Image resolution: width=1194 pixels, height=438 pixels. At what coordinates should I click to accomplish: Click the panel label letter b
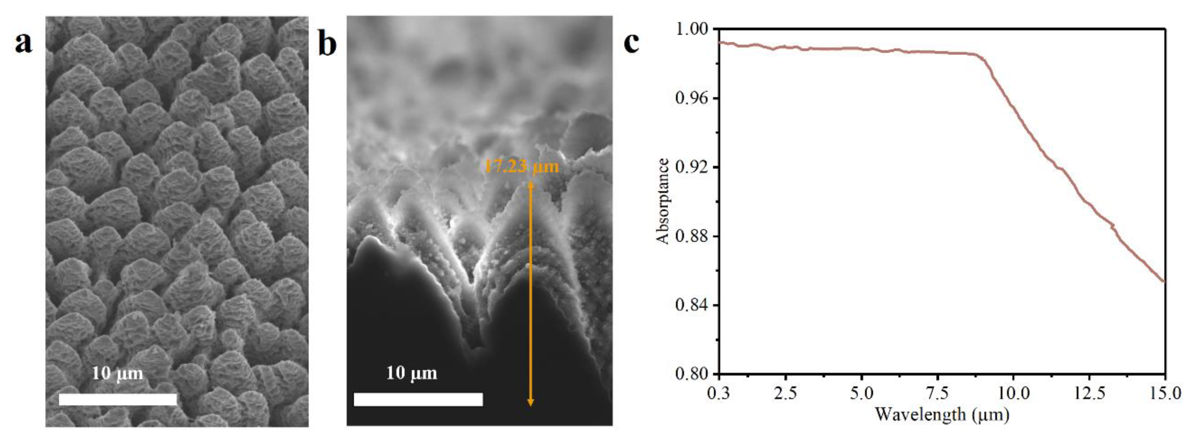coord(327,45)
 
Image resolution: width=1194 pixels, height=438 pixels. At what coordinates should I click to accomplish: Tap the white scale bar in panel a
coord(118,400)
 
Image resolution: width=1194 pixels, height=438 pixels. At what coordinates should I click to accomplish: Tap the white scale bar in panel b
coord(418,400)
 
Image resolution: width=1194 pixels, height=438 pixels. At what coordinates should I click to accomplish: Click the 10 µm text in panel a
coord(117,373)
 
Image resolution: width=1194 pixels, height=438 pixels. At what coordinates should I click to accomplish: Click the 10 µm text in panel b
coord(411,373)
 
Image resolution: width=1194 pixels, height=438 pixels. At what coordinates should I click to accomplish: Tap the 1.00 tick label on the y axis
coord(692,29)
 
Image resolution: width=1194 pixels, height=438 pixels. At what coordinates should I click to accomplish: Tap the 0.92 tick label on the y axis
coord(692,167)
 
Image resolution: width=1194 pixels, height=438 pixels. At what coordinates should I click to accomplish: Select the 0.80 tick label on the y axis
coord(692,374)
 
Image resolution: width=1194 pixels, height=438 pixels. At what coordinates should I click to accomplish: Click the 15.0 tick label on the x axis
coord(1165,394)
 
